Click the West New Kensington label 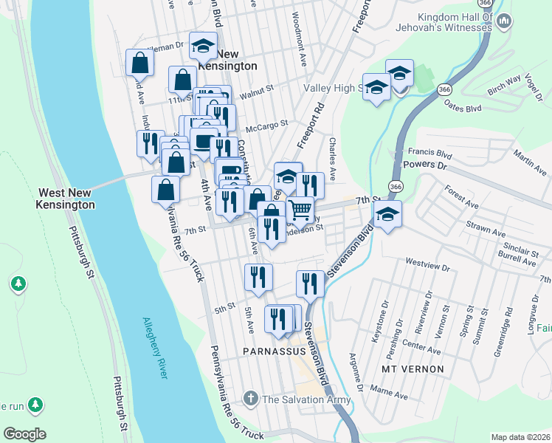66,198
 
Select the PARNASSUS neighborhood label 272,349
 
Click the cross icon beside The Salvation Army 252,399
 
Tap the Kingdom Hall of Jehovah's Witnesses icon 506,21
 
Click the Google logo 24,434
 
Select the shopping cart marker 300,210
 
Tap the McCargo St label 266,126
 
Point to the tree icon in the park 18,283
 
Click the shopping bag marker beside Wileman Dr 139,63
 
